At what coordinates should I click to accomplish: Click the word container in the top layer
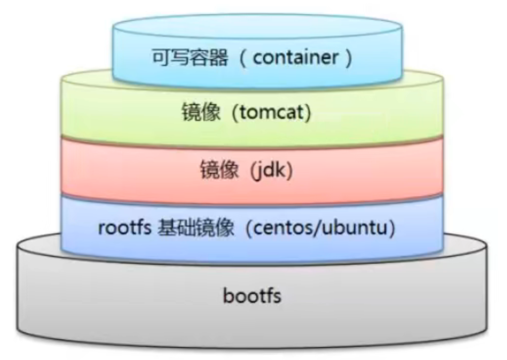click(x=295, y=58)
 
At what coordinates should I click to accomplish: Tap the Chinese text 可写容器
click(x=190, y=58)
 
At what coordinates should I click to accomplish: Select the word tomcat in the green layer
click(x=271, y=114)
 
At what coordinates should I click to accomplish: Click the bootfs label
click(x=252, y=296)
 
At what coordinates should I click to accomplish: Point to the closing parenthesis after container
click(x=348, y=58)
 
